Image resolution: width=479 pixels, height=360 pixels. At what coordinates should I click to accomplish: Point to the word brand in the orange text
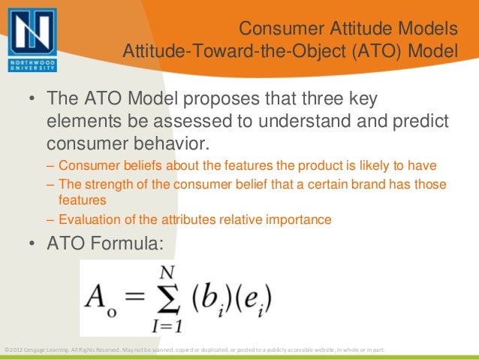click(355, 185)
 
